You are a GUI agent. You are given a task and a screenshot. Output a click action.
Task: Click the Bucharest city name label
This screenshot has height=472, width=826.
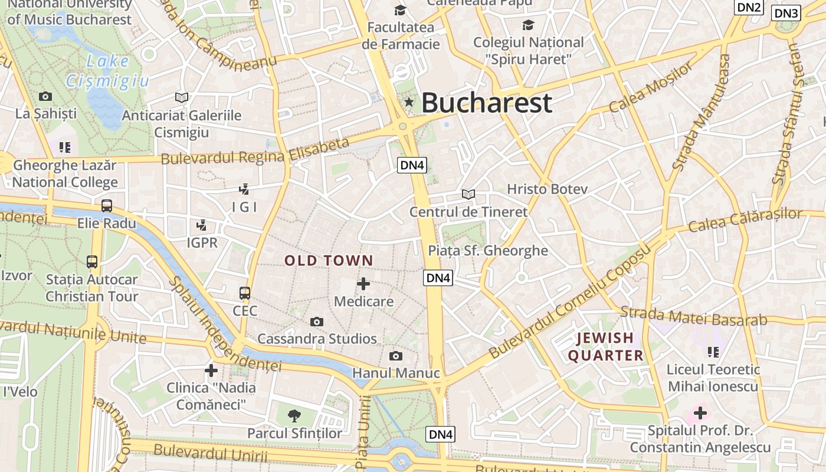pos(486,103)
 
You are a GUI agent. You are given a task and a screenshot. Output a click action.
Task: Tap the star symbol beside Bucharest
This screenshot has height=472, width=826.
pos(409,102)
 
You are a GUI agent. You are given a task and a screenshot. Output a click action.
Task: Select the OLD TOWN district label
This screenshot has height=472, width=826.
pos(329,260)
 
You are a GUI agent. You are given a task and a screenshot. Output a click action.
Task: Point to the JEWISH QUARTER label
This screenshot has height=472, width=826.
pos(605,347)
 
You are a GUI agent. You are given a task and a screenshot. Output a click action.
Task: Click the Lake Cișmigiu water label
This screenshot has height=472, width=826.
pos(107,71)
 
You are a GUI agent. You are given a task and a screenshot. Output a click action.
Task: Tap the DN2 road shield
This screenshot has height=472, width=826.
pos(749,7)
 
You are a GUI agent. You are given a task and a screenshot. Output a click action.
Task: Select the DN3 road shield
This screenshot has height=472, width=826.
pos(786,13)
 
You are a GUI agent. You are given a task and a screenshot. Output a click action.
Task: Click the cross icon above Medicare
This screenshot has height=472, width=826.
pos(363,284)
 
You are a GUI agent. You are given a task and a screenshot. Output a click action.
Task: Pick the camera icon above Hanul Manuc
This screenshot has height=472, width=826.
pos(396,356)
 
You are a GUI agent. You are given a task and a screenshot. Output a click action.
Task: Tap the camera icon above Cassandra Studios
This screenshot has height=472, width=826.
pos(317,322)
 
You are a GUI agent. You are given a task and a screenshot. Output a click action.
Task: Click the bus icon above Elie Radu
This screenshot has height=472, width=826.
pos(107,206)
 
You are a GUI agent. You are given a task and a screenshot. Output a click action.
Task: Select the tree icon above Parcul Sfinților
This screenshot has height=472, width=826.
pos(294,415)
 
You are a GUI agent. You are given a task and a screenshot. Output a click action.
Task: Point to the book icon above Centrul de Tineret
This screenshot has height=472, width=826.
pos(468,194)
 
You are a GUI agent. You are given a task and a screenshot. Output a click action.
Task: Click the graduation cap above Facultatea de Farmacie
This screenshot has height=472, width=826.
pos(401,10)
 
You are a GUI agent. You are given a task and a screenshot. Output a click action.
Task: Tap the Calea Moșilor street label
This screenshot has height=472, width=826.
pos(651,87)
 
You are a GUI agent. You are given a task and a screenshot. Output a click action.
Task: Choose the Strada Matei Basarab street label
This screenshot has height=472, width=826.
pos(694,316)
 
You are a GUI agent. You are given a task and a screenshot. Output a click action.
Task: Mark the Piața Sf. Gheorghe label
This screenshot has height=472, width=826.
pos(488,251)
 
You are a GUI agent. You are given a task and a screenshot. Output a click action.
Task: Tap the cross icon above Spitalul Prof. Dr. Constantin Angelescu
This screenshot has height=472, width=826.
pos(700,413)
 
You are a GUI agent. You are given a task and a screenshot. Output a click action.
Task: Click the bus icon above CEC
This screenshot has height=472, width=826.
pos(245,293)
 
